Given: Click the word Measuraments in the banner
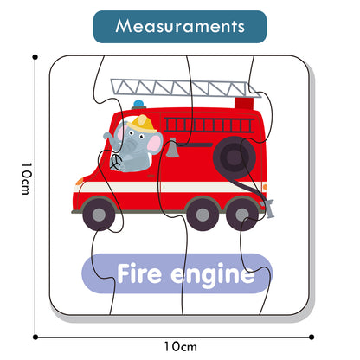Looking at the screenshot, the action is [x=180, y=26].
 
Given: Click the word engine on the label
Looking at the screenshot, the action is [x=213, y=275].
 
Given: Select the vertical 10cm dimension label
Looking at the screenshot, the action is [x=26, y=179].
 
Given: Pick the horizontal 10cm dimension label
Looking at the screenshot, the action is [x=181, y=346].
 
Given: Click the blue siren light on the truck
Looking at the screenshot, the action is [x=138, y=104].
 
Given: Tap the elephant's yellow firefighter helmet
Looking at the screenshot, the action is [x=142, y=124].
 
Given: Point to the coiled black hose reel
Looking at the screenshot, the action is [x=235, y=157].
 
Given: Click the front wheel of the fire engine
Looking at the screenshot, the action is [x=99, y=215].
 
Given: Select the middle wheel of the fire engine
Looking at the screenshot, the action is [x=202, y=215].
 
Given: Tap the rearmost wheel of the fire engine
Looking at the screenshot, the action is [x=241, y=215].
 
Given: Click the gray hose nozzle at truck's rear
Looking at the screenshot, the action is [x=267, y=208].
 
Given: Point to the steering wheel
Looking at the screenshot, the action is [x=116, y=163].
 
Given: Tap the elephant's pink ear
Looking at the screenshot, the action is [x=156, y=143].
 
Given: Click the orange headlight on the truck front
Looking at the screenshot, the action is [x=80, y=182].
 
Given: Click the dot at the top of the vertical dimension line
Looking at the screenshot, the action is [x=35, y=57].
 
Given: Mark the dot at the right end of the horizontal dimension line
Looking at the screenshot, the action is [x=312, y=337].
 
